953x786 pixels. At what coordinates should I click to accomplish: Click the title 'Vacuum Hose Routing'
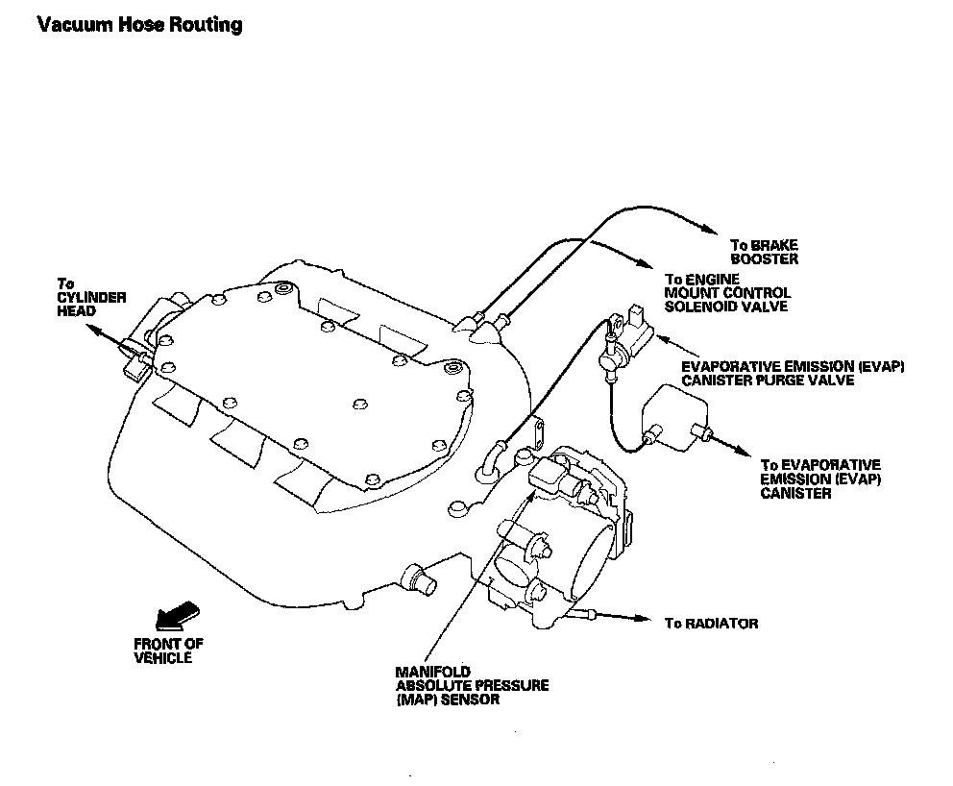[139, 24]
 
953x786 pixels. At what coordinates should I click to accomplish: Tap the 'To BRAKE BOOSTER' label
[764, 252]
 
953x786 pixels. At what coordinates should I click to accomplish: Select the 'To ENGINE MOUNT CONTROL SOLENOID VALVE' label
[726, 292]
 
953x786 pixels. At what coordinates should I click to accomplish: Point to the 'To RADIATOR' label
[711, 624]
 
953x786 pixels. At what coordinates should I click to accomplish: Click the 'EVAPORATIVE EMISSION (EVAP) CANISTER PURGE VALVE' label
[793, 374]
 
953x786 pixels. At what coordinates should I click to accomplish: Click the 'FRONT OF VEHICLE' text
[168, 651]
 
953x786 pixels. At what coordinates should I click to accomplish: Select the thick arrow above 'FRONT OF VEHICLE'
[176, 615]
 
